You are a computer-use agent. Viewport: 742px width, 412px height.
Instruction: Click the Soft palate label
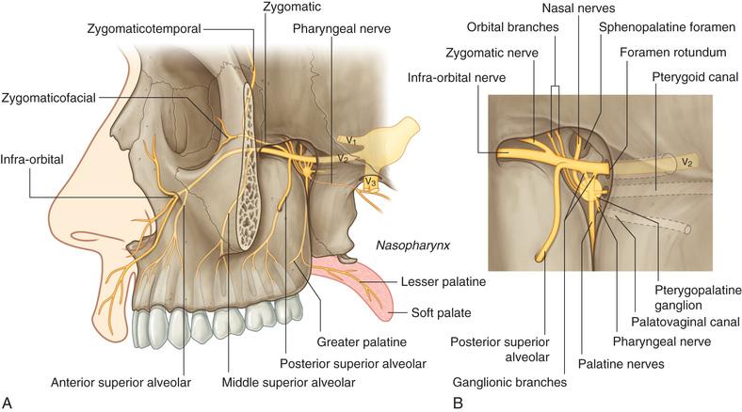click(x=440, y=311)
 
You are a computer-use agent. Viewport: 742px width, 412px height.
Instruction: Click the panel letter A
click(x=8, y=404)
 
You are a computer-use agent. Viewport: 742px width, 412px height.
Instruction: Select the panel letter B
click(x=458, y=404)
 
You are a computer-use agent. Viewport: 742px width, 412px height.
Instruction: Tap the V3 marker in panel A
click(x=372, y=182)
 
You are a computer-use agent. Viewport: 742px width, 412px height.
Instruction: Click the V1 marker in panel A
click(x=349, y=139)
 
